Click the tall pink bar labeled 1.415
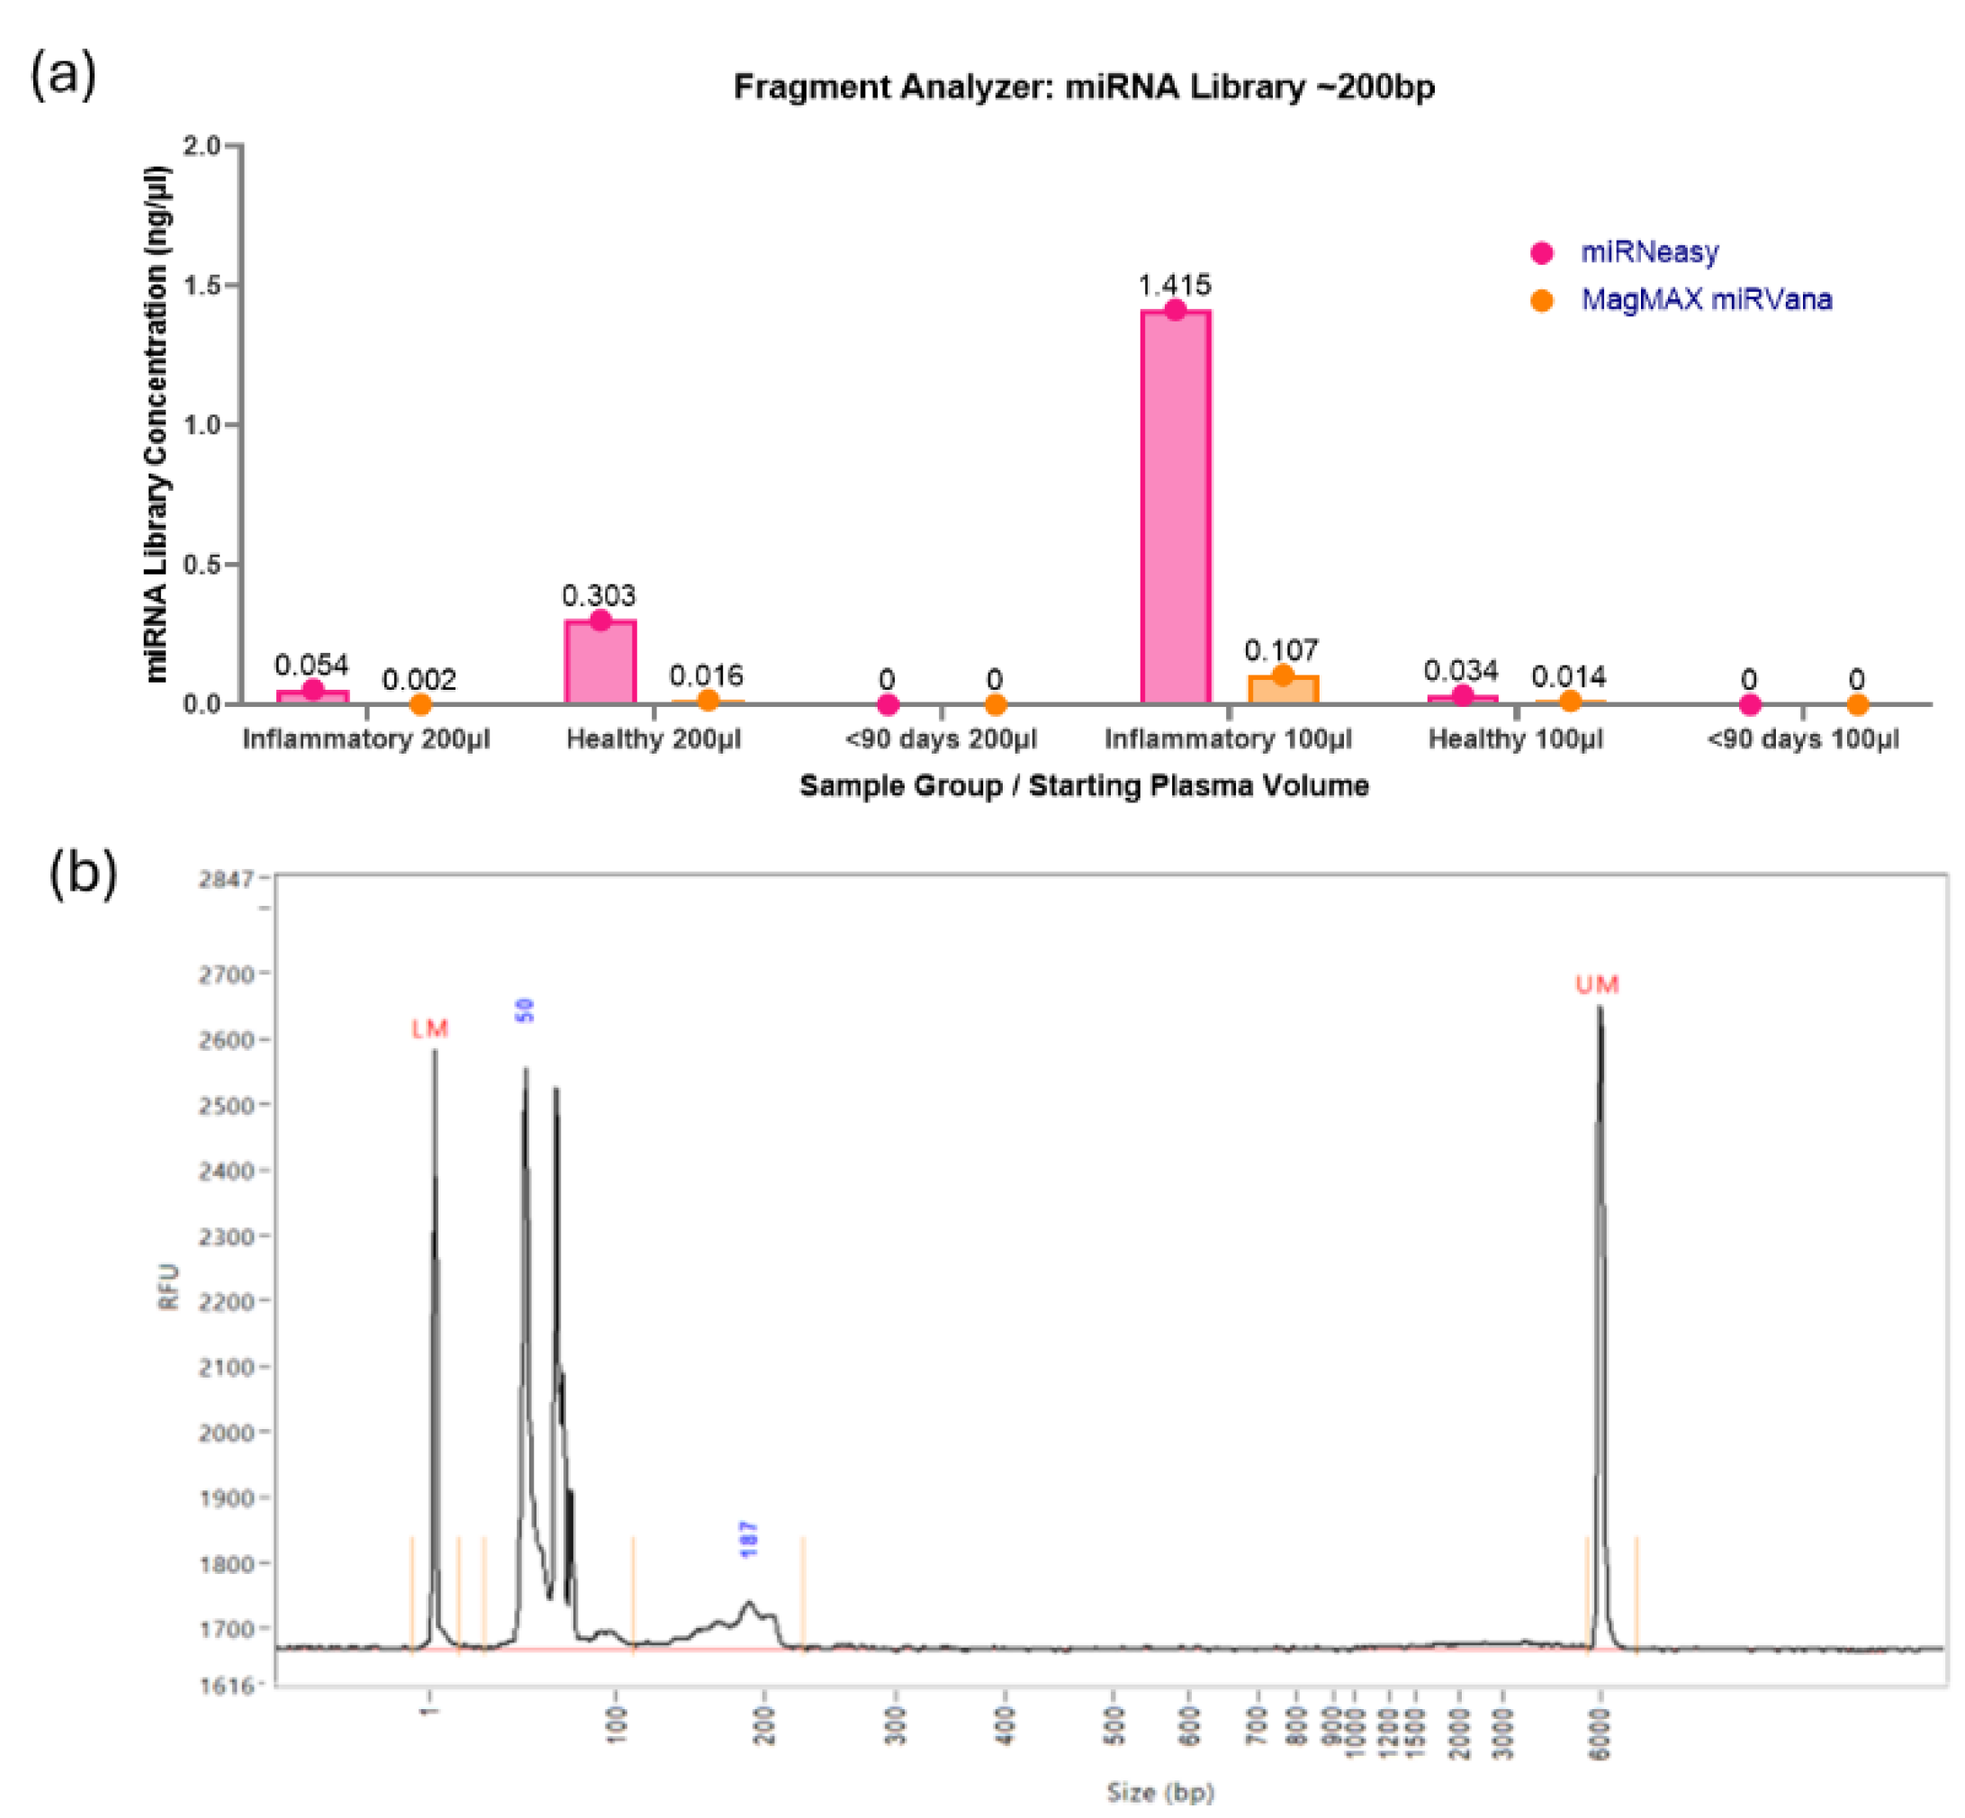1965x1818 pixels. (1175, 507)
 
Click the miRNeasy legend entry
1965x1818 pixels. (1648, 252)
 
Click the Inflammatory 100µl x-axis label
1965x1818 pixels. (1228, 738)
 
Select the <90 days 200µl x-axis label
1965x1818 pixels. (941, 738)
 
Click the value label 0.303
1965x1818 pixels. (598, 595)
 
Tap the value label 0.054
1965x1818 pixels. (311, 665)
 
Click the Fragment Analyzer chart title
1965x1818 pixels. (1083, 87)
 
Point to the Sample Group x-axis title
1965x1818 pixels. (1083, 785)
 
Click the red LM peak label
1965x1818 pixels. (429, 1029)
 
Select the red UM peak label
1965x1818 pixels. (1596, 985)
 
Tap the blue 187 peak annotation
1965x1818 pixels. (748, 1539)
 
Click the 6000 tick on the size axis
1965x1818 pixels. (1600, 1733)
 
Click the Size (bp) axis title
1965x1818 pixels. (1159, 1793)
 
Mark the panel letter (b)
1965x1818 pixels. (83, 872)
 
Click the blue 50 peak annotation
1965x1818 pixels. (525, 1010)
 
